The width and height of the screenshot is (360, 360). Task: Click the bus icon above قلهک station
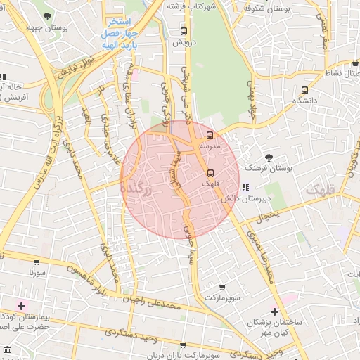[210, 172]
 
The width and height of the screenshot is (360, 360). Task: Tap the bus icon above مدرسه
[210, 135]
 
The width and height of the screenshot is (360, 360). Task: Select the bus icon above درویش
[184, 32]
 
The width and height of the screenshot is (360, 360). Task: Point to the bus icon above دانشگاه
[304, 90]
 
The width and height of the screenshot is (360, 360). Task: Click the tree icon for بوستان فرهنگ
[269, 157]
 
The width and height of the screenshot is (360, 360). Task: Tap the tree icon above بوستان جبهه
[47, 16]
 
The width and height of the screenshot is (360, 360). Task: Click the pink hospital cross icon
[21, 306]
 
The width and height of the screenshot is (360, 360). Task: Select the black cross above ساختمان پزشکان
[274, 311]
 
